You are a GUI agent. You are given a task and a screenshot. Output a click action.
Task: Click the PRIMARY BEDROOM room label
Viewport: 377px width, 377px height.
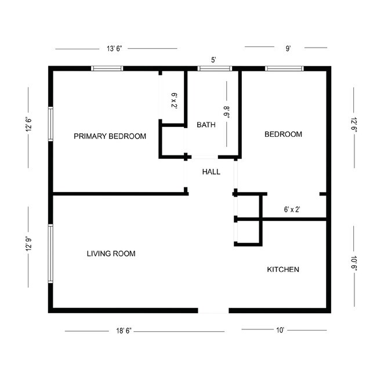[x=110, y=136]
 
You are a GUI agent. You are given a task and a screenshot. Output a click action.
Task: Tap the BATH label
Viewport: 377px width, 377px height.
[x=206, y=125]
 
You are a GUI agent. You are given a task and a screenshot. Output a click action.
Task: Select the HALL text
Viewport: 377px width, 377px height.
[x=211, y=172]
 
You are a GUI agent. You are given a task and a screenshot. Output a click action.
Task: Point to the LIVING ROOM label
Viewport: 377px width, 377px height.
[x=111, y=253]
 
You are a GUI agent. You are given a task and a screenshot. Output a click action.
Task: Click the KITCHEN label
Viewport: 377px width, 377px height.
[x=282, y=269]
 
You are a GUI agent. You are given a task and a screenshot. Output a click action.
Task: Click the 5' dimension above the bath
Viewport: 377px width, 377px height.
[x=213, y=60]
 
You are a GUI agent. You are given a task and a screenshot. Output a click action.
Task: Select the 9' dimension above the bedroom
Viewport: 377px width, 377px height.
[x=288, y=49]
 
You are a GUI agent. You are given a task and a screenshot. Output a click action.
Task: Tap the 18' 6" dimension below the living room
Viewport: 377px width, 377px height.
[x=124, y=331]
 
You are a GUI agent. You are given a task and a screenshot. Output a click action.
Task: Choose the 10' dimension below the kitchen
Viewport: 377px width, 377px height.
[x=280, y=330]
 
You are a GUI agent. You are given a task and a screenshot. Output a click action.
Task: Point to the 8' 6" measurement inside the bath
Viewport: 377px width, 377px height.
[x=227, y=111]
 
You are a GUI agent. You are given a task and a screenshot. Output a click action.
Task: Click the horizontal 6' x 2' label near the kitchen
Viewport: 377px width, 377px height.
[x=292, y=209]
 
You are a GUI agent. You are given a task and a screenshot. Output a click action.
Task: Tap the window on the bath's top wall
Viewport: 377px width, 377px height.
[x=216, y=68]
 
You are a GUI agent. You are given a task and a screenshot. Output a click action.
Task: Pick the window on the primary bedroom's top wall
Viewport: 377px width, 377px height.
[x=107, y=68]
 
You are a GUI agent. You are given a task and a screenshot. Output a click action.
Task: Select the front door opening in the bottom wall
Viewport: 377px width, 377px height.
[x=213, y=311]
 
